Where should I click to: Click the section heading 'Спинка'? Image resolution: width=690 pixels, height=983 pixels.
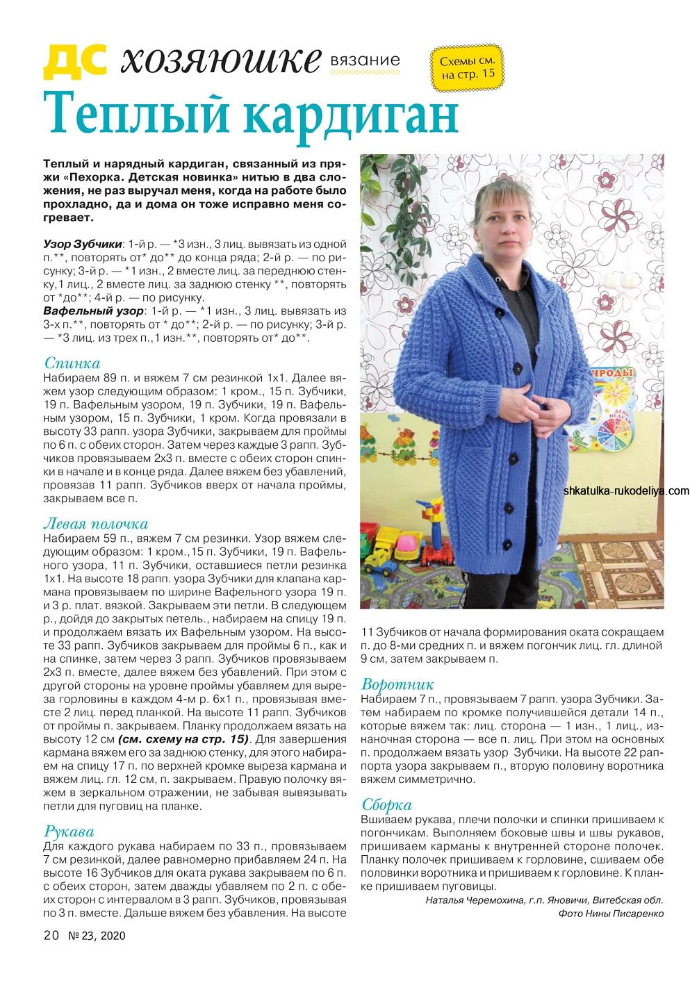click(72, 363)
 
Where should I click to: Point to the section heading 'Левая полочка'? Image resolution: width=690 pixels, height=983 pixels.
click(96, 523)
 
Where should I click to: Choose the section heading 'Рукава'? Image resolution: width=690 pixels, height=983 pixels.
click(69, 831)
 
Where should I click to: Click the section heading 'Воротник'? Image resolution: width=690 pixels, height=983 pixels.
click(398, 684)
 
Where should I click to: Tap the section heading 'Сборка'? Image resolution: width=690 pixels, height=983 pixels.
click(387, 805)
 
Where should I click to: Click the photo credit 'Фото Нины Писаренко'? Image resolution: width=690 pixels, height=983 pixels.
click(611, 914)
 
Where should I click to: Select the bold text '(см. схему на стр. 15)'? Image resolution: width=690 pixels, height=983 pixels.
click(183, 738)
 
